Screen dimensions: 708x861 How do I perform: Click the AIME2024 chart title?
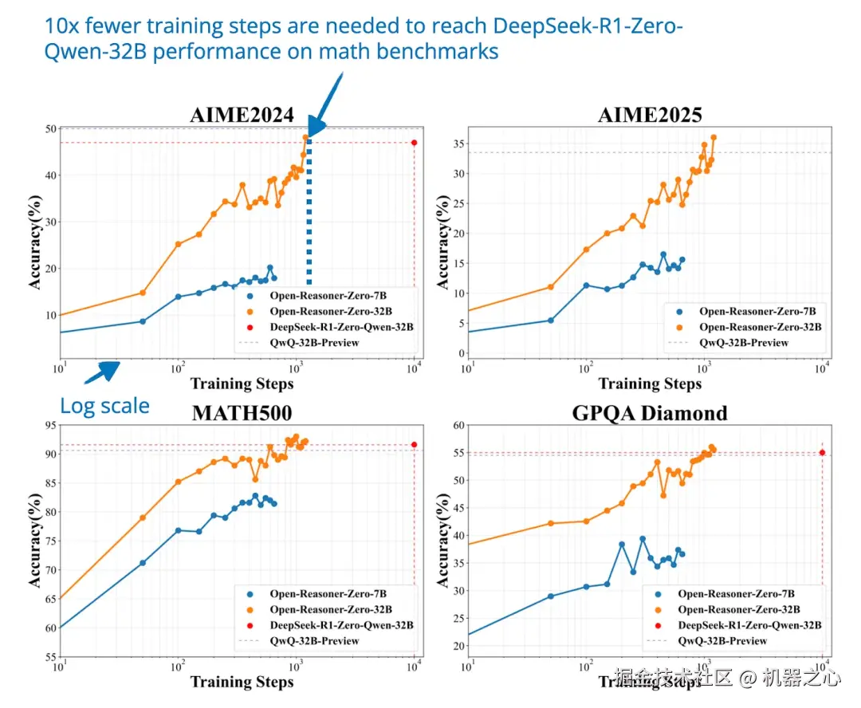[x=242, y=115]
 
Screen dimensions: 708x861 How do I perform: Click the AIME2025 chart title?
[x=650, y=115]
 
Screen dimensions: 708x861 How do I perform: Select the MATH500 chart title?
[x=242, y=413]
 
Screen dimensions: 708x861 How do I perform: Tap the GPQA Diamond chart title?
[x=650, y=413]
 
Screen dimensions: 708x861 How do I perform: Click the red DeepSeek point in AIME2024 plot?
[x=414, y=143]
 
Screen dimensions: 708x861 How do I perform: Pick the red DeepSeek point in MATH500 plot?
[x=414, y=444]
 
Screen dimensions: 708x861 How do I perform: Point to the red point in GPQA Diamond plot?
[x=822, y=452]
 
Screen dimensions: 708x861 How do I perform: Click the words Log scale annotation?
[x=105, y=406]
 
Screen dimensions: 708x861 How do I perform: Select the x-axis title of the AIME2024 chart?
[x=242, y=383]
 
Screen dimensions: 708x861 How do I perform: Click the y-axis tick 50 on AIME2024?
[x=49, y=129]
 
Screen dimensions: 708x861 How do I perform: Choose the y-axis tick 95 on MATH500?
[x=49, y=426]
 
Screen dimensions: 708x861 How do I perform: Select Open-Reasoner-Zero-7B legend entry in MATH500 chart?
[x=328, y=594]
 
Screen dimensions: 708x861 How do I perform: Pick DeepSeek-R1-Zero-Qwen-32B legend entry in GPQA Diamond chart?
[x=749, y=625]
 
